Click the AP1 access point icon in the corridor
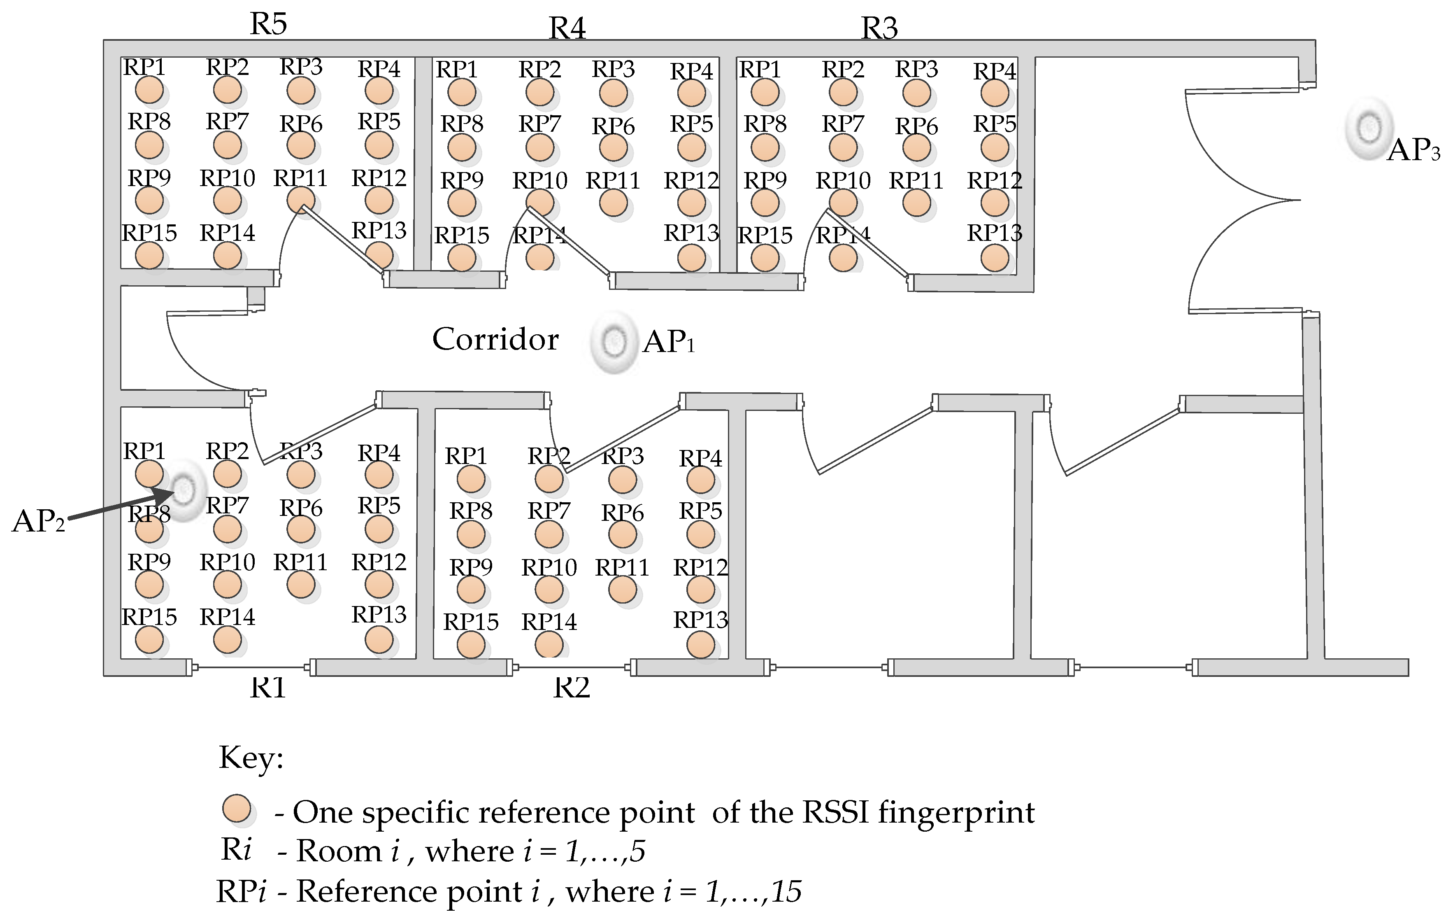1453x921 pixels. tap(614, 342)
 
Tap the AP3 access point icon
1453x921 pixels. tap(1369, 128)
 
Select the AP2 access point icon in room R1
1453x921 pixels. tap(185, 490)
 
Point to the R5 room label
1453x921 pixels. tap(269, 24)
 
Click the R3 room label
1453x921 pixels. tap(879, 28)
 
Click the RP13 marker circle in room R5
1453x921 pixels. tap(379, 255)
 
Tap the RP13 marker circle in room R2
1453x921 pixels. tap(700, 645)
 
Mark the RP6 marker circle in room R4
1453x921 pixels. tap(614, 148)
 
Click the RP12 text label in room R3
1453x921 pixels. tap(995, 180)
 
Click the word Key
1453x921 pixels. tap(251, 758)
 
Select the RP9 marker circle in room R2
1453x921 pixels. tap(471, 590)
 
